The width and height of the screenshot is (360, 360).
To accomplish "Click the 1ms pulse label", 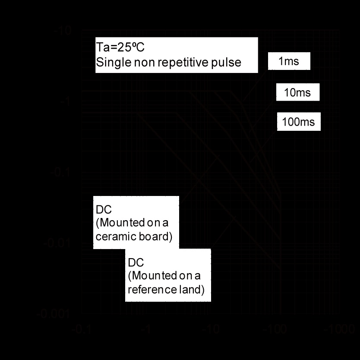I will (289, 62).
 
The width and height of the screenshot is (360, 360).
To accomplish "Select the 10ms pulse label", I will (298, 93).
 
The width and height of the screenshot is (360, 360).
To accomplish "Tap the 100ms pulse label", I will (298, 122).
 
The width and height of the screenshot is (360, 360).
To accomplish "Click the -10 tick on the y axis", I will (63, 32).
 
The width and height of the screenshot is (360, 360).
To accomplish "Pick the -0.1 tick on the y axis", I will (60, 173).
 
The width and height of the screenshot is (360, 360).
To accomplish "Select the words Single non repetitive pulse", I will (168, 62).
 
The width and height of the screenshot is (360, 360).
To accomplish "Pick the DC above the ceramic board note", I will (104, 210).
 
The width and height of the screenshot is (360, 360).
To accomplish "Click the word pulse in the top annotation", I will (227, 62).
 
